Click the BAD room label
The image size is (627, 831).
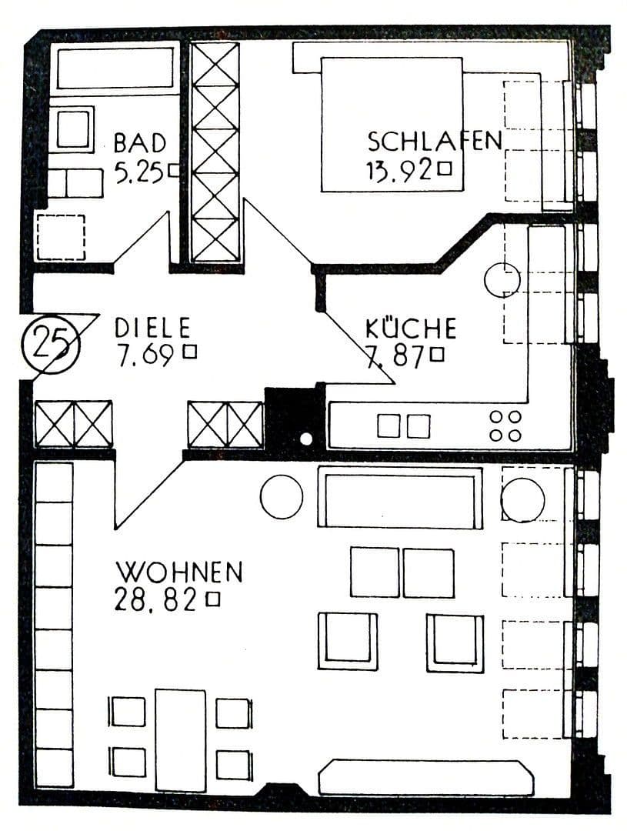[x=140, y=143]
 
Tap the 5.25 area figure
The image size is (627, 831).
[x=138, y=172]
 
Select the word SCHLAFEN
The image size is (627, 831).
[x=435, y=141]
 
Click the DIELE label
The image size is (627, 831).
[x=152, y=328]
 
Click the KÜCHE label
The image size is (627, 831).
[x=411, y=328]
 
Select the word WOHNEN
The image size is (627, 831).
[x=179, y=572]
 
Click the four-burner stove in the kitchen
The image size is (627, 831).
[x=505, y=426]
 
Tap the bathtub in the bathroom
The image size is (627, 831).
[x=115, y=68]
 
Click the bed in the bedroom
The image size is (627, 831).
[x=392, y=125]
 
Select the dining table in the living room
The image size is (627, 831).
[x=180, y=740]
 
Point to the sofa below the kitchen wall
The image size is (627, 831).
[x=400, y=497]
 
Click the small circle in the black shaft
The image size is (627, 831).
[x=306, y=439]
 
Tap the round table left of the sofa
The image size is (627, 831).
[x=282, y=496]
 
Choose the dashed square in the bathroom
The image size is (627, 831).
[x=62, y=237]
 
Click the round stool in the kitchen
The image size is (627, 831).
[x=502, y=280]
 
